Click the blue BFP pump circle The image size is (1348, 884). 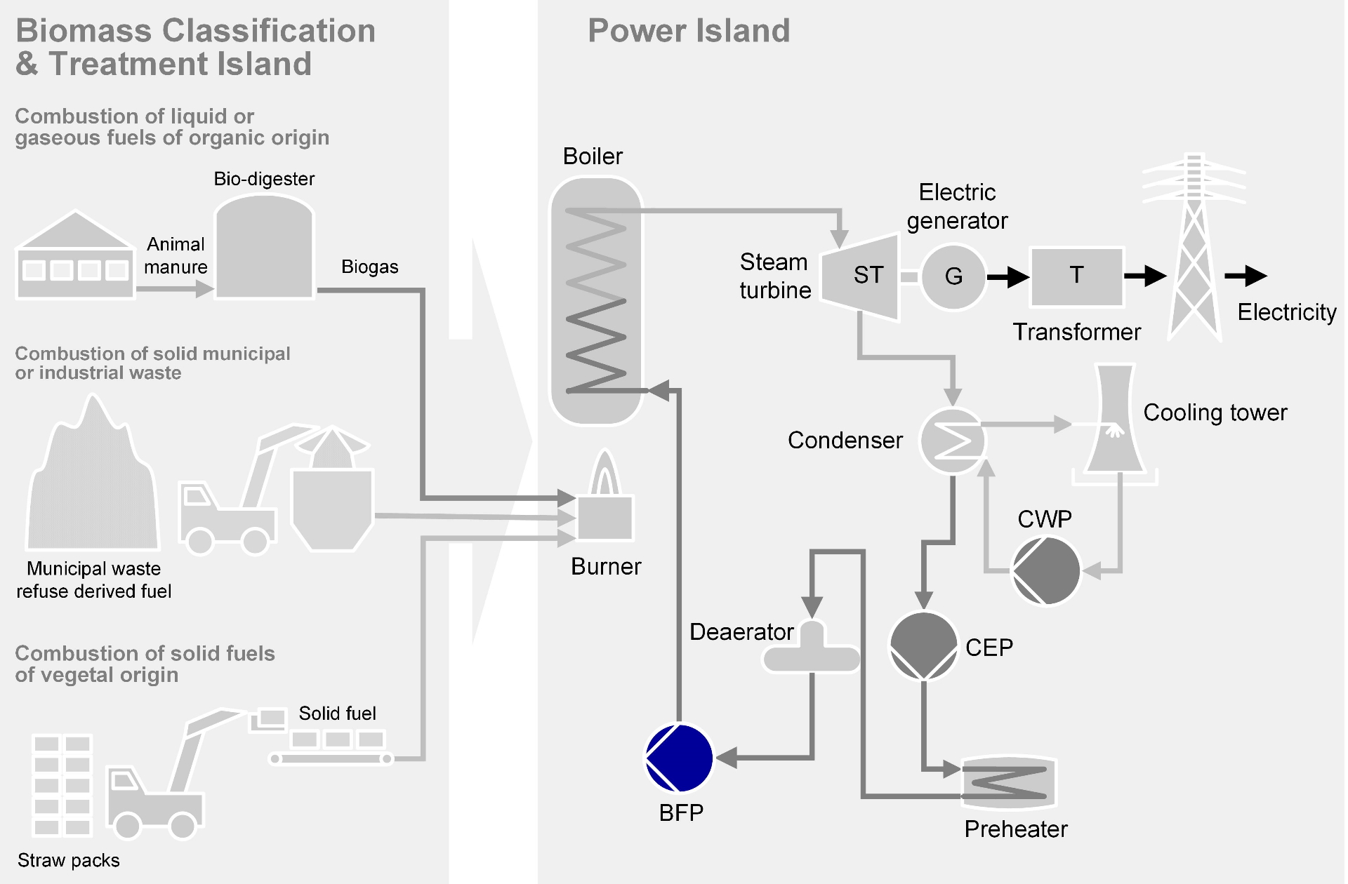point(679,758)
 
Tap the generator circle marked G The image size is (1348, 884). point(953,276)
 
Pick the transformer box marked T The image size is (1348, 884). point(1076,276)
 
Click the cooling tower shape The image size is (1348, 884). point(1114,421)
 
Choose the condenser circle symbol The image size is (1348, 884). point(953,441)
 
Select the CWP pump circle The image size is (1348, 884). point(1045,571)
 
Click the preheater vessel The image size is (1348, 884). point(1009,782)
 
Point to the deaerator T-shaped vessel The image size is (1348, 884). point(812,650)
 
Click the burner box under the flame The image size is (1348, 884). point(604,518)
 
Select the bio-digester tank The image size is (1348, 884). point(264,249)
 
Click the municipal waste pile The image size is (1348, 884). point(93,484)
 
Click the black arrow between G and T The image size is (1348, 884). point(1007,277)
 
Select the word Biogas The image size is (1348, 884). point(369,267)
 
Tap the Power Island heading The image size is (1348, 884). point(688,31)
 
